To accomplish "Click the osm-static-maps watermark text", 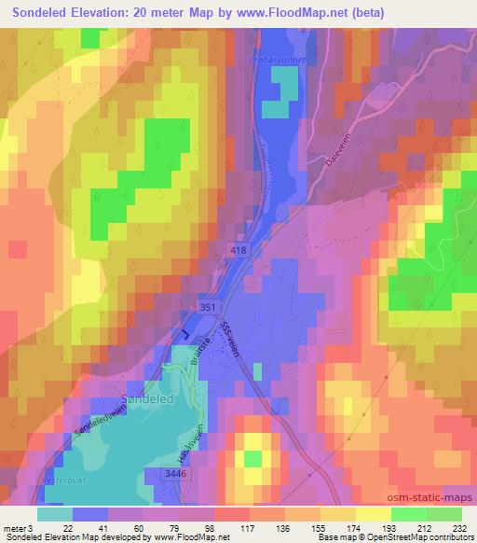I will coord(426,494).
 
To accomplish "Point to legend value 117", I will coord(224,528).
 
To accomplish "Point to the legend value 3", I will coord(32,528).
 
